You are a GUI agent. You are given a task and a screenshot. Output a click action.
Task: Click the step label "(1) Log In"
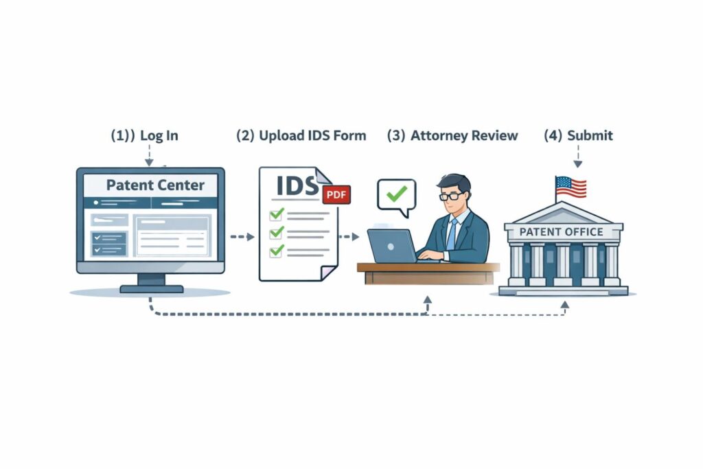(144, 135)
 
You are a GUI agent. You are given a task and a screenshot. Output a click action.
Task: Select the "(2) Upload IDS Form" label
(301, 135)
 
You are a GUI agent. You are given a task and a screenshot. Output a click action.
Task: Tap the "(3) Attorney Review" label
(452, 135)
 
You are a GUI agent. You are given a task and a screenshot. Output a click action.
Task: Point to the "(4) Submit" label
(578, 135)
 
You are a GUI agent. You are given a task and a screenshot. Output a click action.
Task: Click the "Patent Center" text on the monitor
(155, 185)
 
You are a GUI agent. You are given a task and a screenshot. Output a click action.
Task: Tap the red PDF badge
(336, 194)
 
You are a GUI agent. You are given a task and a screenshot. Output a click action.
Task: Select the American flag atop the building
(571, 186)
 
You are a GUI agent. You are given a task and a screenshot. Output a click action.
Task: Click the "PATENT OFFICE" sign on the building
(562, 231)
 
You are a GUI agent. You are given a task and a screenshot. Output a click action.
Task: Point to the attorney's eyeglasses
(451, 196)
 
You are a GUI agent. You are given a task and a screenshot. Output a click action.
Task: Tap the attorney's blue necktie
(451, 233)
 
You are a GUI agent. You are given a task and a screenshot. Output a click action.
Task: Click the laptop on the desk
(393, 246)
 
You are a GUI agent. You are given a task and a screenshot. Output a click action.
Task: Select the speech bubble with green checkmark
(396, 194)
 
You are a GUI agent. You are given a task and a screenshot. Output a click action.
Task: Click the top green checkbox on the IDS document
(277, 215)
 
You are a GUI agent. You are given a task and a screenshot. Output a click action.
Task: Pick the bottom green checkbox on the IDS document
(277, 251)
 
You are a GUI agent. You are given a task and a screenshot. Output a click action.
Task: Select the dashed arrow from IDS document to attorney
(349, 237)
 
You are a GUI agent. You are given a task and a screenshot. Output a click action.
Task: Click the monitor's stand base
(152, 288)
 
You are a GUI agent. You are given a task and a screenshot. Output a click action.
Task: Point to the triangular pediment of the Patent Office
(562, 212)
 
